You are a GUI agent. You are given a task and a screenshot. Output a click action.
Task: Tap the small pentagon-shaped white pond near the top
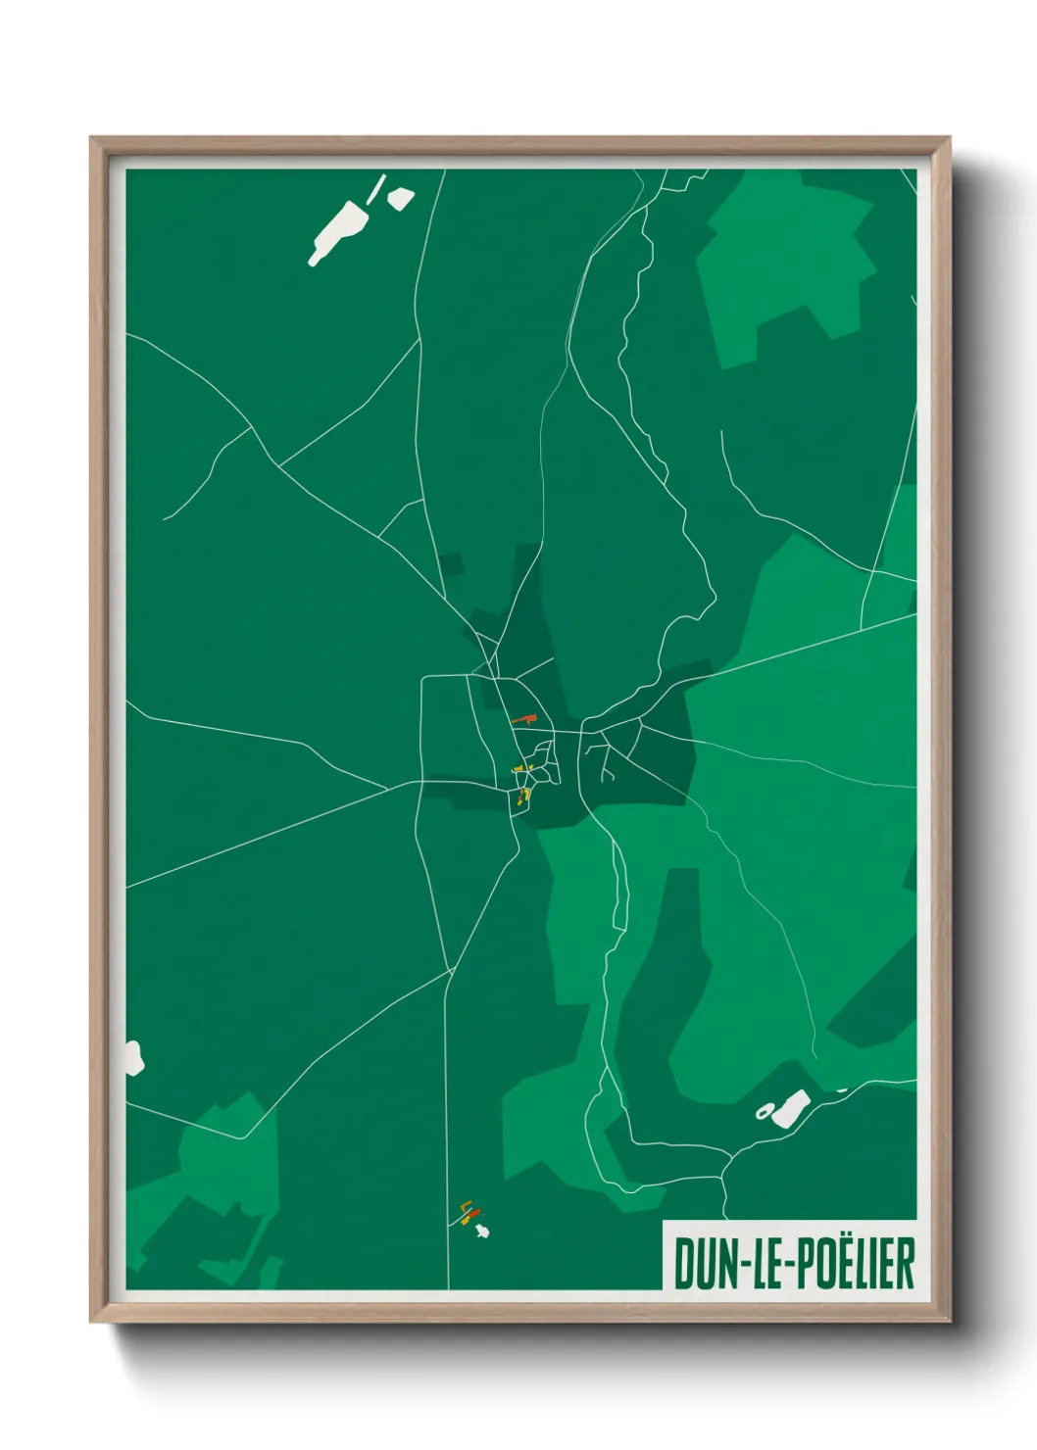pyautogui.click(x=400, y=198)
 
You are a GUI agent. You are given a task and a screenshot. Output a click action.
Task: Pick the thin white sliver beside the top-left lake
pyautogui.click(x=376, y=188)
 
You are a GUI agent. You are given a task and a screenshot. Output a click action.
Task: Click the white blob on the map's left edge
pyautogui.click(x=133, y=1058)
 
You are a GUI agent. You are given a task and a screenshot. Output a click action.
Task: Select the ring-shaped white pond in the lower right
pyautogui.click(x=764, y=1111)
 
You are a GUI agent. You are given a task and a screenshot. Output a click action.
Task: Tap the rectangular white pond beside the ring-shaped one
pyautogui.click(x=791, y=1107)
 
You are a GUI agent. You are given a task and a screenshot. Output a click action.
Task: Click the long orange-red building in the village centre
pyautogui.click(x=524, y=720)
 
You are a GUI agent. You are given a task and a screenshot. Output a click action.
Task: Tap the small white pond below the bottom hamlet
pyautogui.click(x=481, y=1231)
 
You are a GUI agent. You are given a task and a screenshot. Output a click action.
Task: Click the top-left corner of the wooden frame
pyautogui.click(x=91, y=138)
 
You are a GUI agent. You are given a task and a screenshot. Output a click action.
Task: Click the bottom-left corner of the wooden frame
pyautogui.click(x=91, y=1323)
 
